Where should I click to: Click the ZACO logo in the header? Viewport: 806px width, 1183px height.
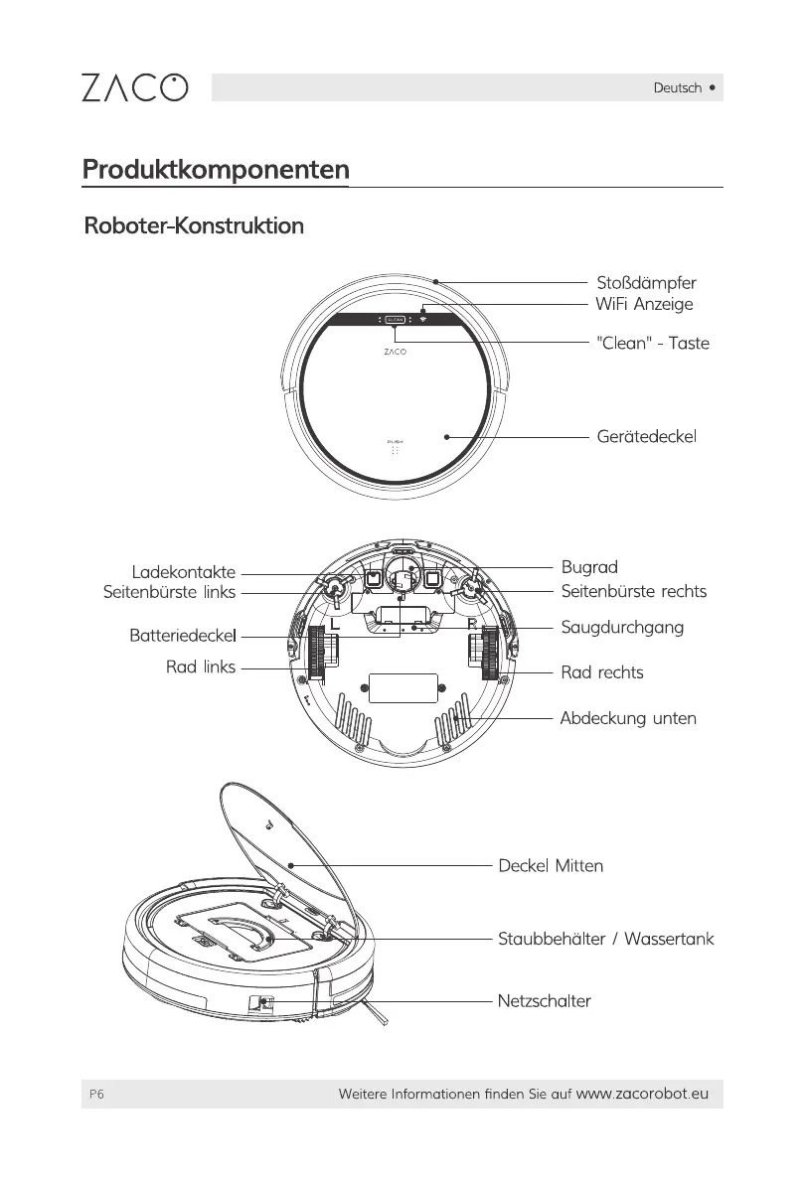pyautogui.click(x=133, y=87)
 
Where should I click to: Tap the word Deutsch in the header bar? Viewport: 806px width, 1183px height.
pyautogui.click(x=677, y=87)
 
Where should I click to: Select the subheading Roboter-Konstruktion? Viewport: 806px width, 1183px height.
pyautogui.click(x=194, y=226)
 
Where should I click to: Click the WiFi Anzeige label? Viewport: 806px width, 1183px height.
pyautogui.click(x=643, y=304)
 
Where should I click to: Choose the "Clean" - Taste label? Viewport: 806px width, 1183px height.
pyautogui.click(x=652, y=344)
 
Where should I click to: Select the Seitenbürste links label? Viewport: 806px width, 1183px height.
pyautogui.click(x=169, y=592)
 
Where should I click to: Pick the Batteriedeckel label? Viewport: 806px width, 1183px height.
pyautogui.click(x=182, y=633)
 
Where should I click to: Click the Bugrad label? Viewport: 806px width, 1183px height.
pyautogui.click(x=589, y=567)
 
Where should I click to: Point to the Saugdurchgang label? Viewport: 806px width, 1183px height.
pyautogui.click(x=622, y=629)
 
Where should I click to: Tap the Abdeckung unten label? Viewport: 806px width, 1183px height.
pyautogui.click(x=627, y=718)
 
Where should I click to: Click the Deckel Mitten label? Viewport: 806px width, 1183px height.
pyautogui.click(x=551, y=865)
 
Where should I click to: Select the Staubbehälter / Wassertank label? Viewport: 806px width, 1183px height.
pyautogui.click(x=605, y=939)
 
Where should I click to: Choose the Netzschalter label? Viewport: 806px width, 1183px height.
pyautogui.click(x=544, y=1000)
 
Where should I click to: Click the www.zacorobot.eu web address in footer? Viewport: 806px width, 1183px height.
pyautogui.click(x=642, y=1094)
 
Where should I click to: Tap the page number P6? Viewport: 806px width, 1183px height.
pyautogui.click(x=95, y=1094)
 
